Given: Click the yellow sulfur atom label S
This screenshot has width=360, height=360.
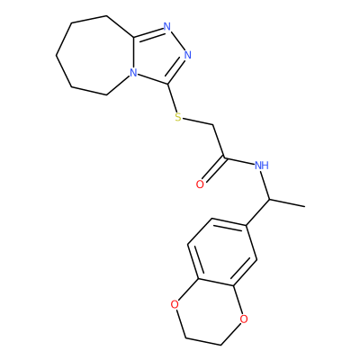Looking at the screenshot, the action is (x=178, y=117).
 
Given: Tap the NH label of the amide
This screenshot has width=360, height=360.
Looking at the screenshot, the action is (x=262, y=165).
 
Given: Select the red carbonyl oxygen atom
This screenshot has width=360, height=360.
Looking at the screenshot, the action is (x=200, y=184).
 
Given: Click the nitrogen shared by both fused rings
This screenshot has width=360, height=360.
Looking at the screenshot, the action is (x=133, y=73).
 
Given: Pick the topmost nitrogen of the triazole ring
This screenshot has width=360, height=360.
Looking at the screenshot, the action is (x=167, y=27).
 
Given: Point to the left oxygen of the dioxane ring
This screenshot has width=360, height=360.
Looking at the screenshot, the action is (x=175, y=305).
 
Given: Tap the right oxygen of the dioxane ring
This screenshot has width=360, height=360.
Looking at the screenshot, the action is (x=244, y=319).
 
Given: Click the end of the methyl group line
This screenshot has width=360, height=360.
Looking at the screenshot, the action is (x=305, y=206).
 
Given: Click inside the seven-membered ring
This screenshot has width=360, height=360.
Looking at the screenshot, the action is (x=96, y=56).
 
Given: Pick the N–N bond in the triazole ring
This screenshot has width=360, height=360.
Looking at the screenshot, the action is (x=177, y=40).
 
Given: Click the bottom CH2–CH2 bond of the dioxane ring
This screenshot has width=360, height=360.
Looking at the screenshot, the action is (x=203, y=342).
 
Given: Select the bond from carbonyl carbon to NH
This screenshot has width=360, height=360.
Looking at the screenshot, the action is (x=239, y=160).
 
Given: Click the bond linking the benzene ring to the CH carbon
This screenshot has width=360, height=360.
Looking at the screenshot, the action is (x=258, y=211).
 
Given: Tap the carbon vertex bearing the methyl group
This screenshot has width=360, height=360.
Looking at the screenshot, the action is (x=270, y=199).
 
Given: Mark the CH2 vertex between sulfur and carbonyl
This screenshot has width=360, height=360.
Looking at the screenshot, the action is (x=213, y=124).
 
